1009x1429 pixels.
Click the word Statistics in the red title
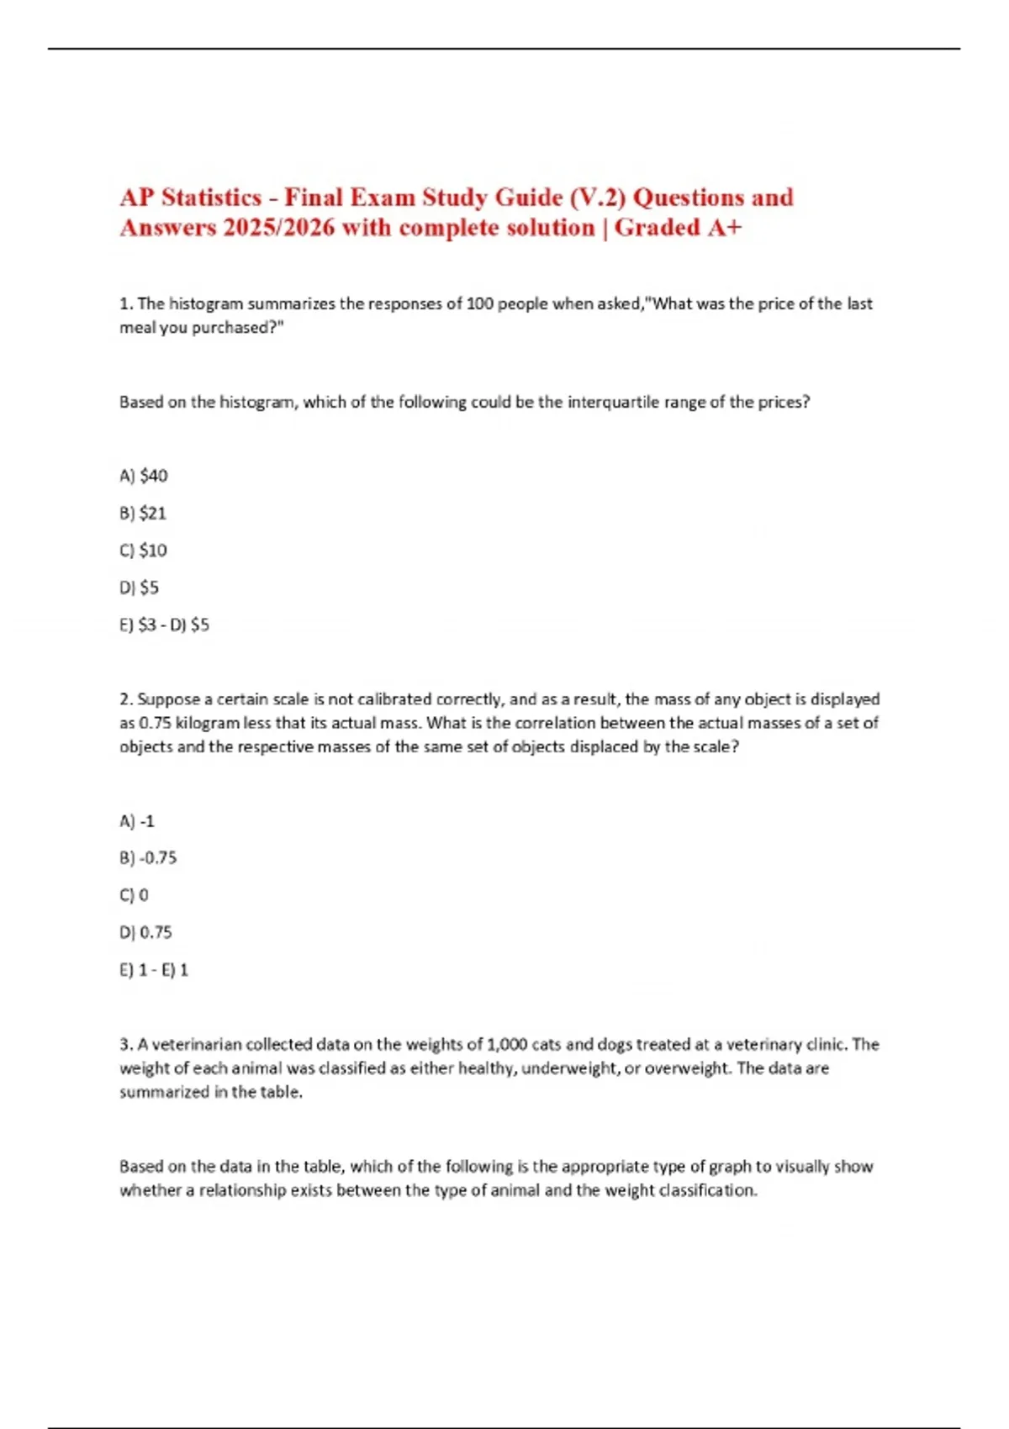pyautogui.click(x=211, y=198)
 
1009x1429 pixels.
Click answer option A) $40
pyautogui.click(x=144, y=476)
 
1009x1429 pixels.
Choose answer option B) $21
pyautogui.click(x=143, y=513)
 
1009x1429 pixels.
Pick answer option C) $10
pyautogui.click(x=144, y=551)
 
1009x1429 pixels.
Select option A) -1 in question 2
pyautogui.click(x=137, y=821)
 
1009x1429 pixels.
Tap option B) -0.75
pyautogui.click(x=148, y=858)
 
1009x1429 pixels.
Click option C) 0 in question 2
pyautogui.click(x=134, y=895)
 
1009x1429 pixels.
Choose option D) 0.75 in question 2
pyautogui.click(x=145, y=932)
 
